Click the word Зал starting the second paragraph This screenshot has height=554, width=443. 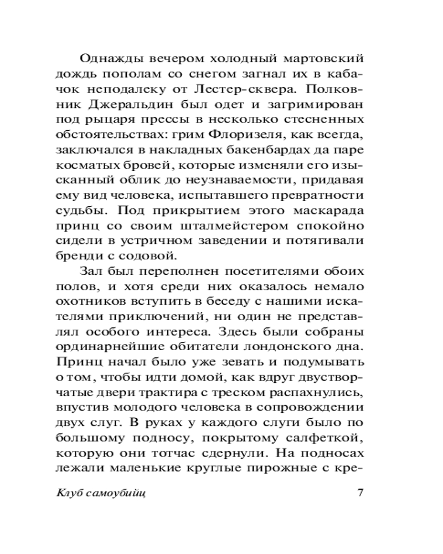(x=91, y=271)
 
